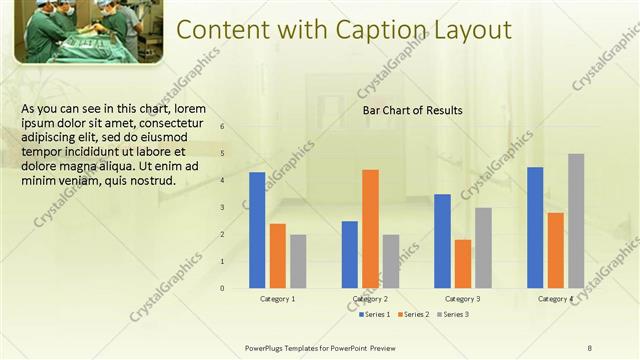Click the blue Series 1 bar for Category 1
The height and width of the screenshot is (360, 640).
tap(257, 230)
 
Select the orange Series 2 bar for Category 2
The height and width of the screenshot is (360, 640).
tap(370, 228)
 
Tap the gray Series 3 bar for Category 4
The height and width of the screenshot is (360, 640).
tap(576, 221)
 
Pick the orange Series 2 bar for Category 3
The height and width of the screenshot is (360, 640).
tap(462, 263)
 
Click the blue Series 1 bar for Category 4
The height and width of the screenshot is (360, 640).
tap(535, 227)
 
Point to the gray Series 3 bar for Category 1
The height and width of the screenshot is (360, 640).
tap(298, 261)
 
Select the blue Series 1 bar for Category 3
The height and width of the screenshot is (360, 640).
tap(442, 241)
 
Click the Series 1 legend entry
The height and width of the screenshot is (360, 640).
tap(375, 315)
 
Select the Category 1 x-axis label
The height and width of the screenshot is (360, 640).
tap(277, 299)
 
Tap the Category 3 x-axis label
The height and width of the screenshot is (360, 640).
tap(462, 299)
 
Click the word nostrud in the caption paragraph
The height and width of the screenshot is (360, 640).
tap(152, 181)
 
